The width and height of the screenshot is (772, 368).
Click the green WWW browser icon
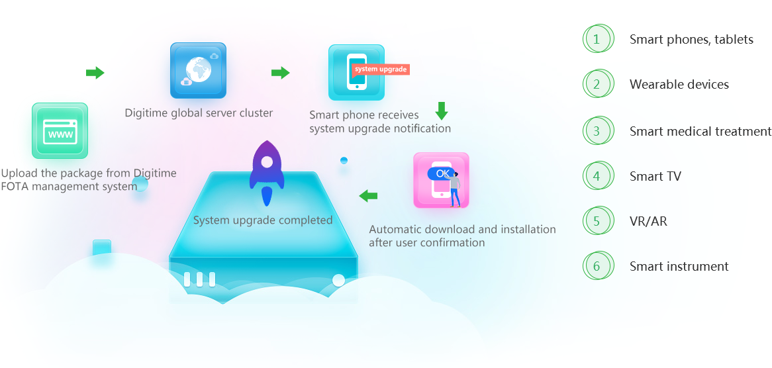tap(60, 130)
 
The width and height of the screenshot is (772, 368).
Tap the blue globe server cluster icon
tap(198, 70)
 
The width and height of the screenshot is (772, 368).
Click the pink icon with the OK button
tap(441, 180)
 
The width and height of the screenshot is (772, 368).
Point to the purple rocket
tap(266, 173)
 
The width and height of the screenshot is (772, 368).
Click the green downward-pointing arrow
tap(442, 111)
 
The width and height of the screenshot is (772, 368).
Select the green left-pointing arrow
tap(367, 196)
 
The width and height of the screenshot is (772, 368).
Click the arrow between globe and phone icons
tap(281, 73)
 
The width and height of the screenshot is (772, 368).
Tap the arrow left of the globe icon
tap(95, 73)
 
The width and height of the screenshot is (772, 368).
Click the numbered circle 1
tap(598, 39)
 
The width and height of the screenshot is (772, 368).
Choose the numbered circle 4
tap(598, 176)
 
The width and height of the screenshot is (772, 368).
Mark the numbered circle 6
tap(598, 267)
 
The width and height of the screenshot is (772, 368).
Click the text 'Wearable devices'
tap(679, 85)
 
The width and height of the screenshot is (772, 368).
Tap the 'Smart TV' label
tap(655, 176)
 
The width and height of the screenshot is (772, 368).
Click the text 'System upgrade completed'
tap(263, 220)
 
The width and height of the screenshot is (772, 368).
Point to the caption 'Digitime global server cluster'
tap(199, 113)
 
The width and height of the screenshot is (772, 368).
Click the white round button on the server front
tap(339, 281)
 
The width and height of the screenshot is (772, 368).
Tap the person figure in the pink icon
tap(455, 189)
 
